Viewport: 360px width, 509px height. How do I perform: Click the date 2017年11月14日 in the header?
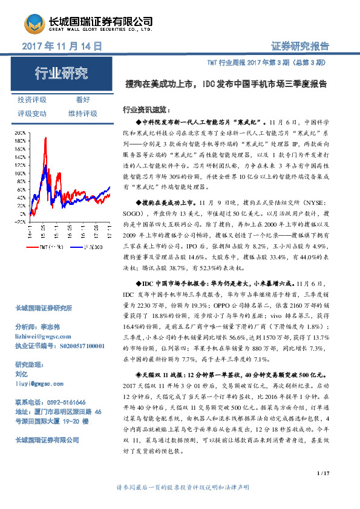(x=61, y=46)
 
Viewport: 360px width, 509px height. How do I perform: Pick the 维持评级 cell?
(x=83, y=113)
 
